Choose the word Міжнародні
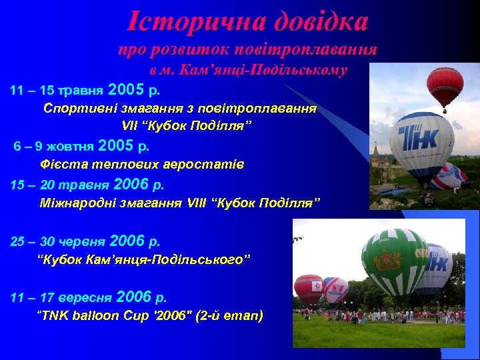[76, 202]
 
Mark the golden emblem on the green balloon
[387, 260]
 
